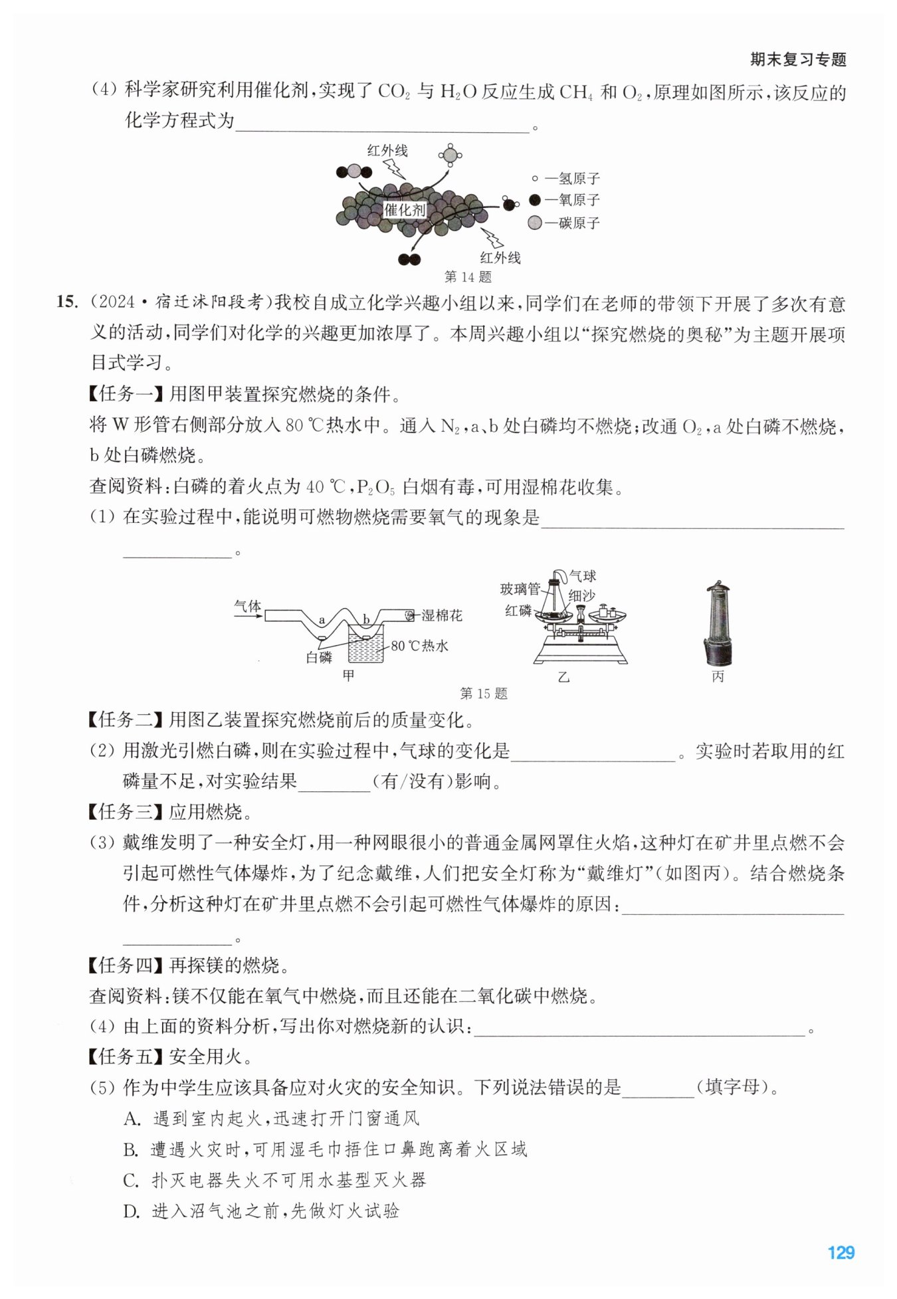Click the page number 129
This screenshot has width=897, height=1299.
[841, 1252]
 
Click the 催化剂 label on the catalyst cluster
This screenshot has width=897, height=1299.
[405, 210]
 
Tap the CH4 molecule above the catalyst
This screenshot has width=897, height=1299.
[450, 155]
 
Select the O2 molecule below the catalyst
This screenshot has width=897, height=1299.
[409, 259]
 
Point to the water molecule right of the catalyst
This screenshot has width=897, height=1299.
[509, 203]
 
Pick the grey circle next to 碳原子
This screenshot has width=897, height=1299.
[535, 223]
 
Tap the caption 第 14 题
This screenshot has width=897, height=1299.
[468, 276]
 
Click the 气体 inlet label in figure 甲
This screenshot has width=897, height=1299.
[248, 605]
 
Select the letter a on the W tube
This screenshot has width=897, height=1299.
[322, 620]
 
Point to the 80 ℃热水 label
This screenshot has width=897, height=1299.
[419, 645]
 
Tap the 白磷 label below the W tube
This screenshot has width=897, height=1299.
[319, 657]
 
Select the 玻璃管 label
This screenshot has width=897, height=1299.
[520, 588]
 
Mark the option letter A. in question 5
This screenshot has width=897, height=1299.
[132, 1119]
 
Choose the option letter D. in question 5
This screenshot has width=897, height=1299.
[132, 1211]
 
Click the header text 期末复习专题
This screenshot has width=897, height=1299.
[798, 59]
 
